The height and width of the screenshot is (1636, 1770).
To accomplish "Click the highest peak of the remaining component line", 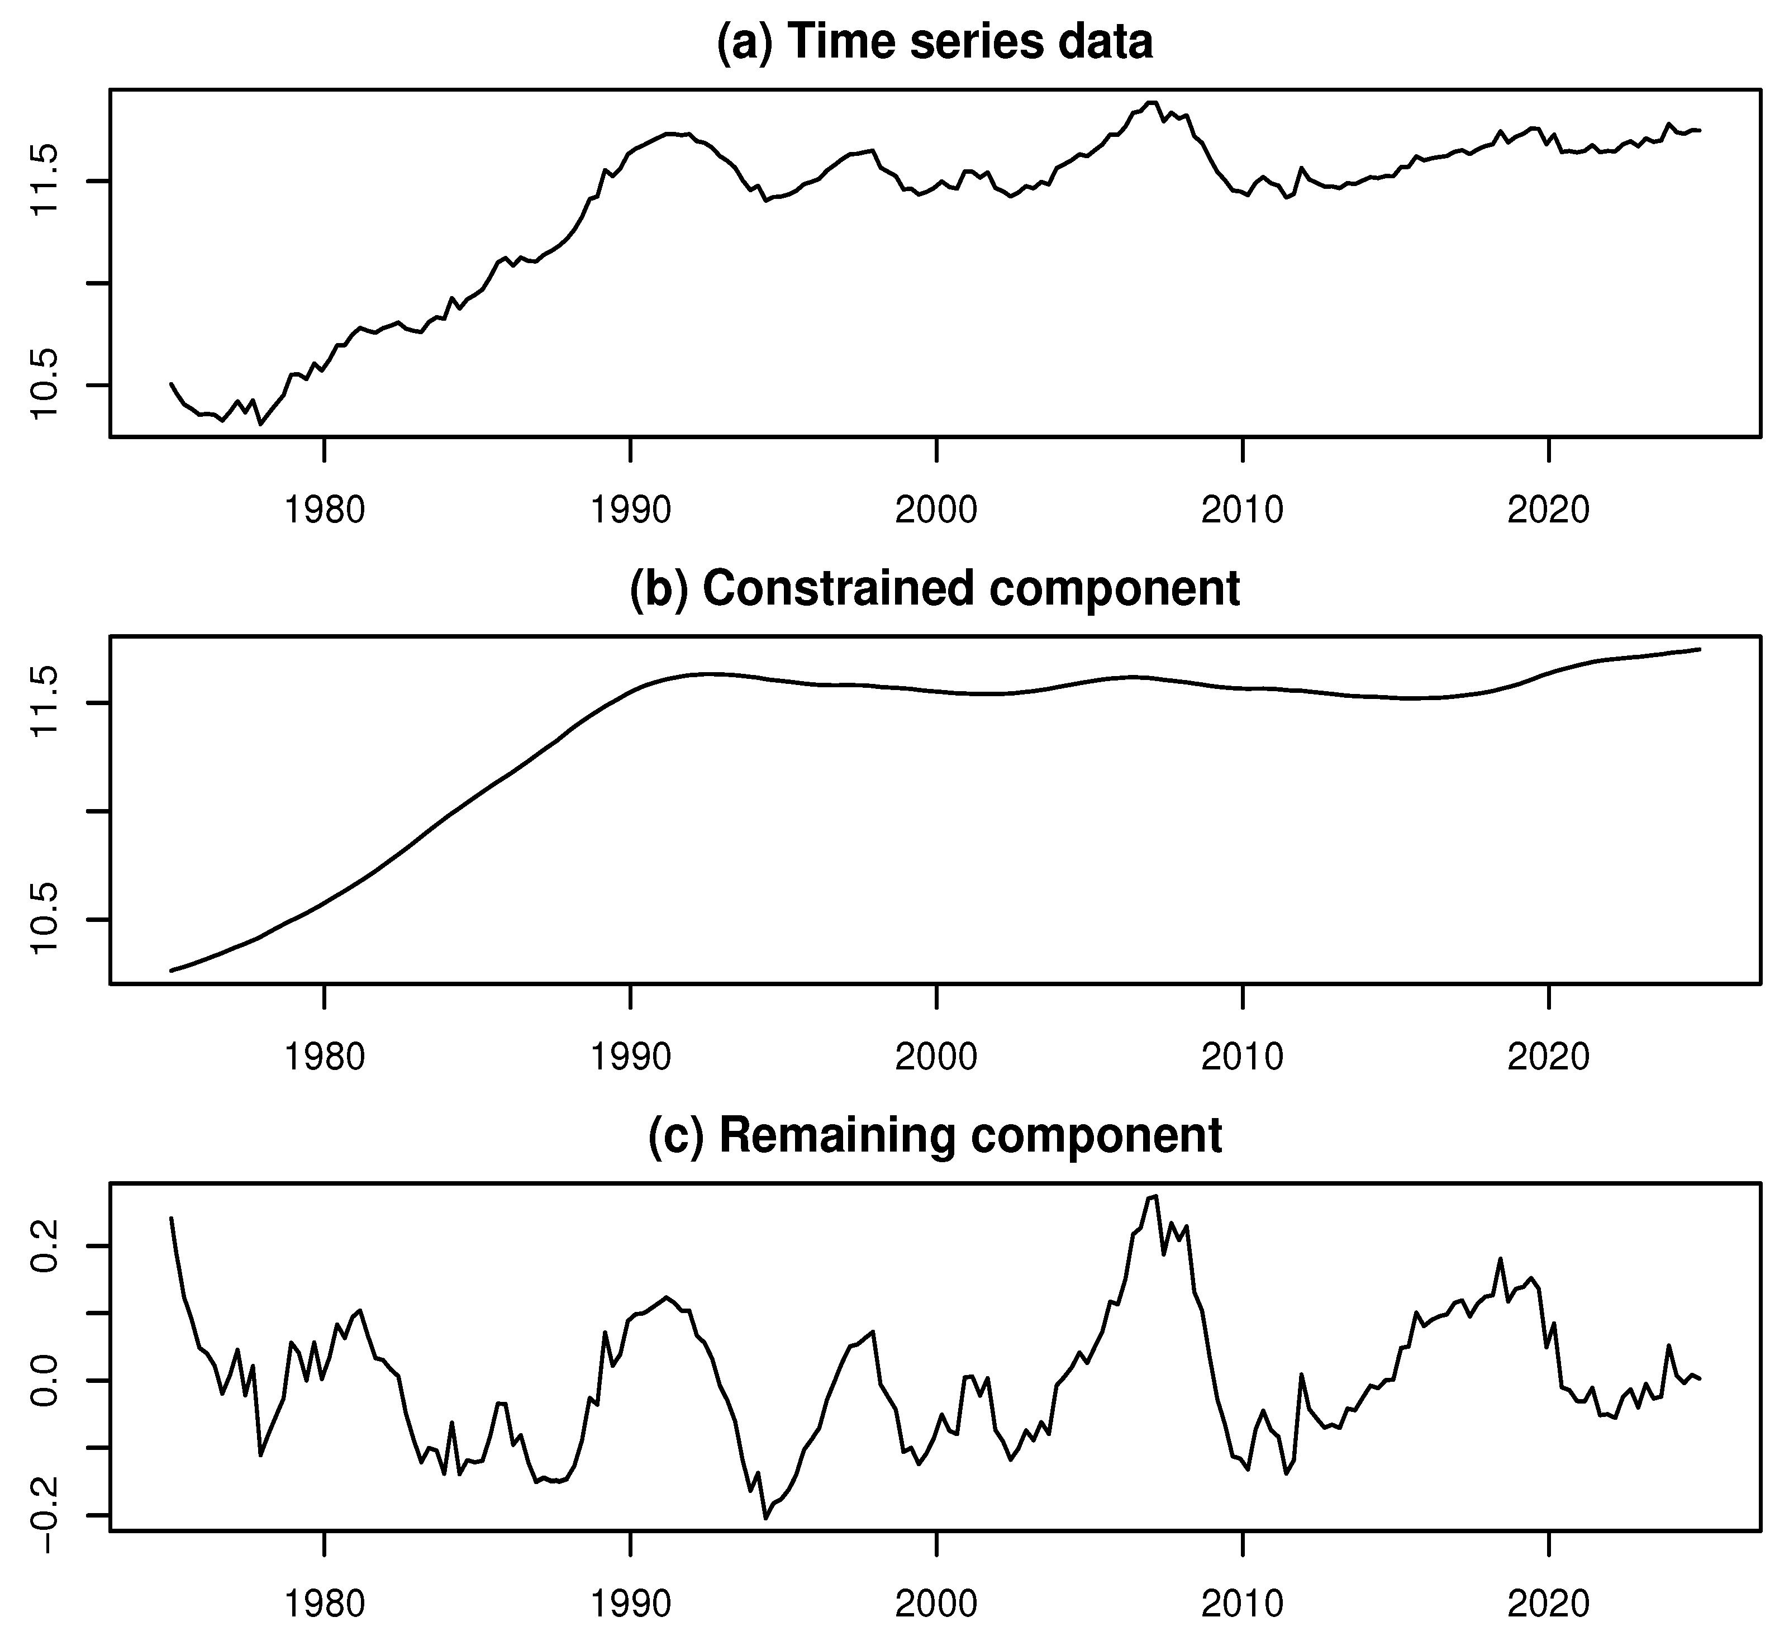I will click(1156, 1197).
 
